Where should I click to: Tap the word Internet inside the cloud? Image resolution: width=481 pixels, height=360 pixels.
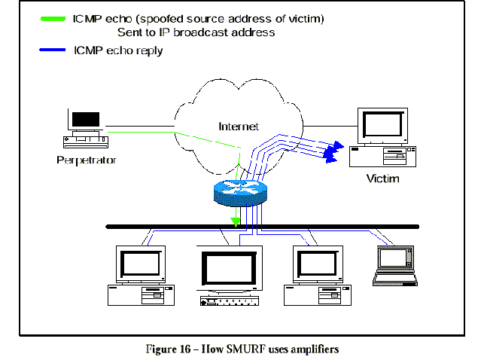click(239, 127)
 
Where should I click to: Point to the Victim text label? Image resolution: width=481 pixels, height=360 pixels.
click(382, 179)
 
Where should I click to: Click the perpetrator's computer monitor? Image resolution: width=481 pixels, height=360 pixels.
click(84, 121)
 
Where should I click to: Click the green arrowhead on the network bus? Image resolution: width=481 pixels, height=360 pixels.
click(236, 222)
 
